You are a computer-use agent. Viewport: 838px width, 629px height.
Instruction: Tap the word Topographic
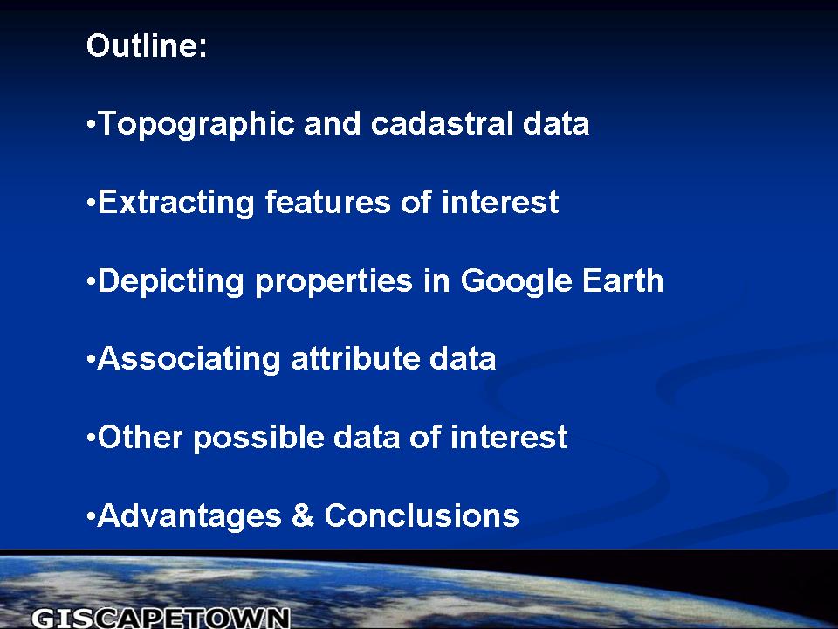[196, 125]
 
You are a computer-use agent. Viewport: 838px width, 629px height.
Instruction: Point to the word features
[327, 202]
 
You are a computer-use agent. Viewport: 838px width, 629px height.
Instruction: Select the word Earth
[622, 280]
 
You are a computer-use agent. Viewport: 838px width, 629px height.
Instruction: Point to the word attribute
[355, 358]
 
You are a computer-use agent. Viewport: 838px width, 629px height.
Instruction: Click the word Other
[141, 437]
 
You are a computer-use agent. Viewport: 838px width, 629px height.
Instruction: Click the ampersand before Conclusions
[303, 515]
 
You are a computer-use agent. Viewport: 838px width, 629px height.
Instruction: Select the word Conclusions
[422, 515]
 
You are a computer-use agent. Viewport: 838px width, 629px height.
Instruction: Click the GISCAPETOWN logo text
[161, 618]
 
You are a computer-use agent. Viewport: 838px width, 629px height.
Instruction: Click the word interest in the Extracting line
[500, 202]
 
